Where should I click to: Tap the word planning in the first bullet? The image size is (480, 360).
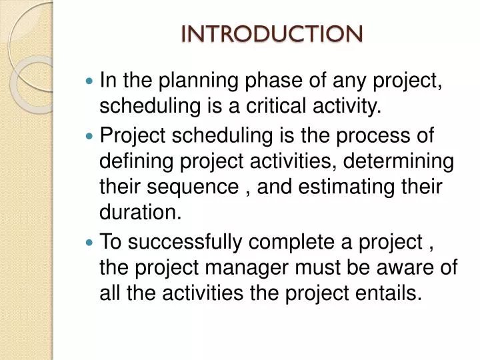(187, 81)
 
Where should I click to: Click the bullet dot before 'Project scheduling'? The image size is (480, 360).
(91, 136)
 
